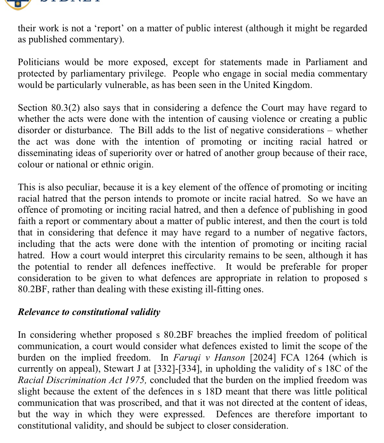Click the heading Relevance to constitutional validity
click(x=89, y=312)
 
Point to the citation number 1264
click(x=315, y=358)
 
